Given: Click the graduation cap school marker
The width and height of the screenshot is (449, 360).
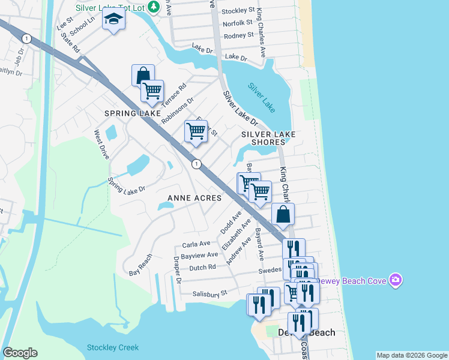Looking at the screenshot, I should pos(113,20).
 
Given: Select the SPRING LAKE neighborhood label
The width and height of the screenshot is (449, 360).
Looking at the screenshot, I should pos(133,113).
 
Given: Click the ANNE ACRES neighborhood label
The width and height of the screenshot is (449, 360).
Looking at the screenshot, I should pos(194,198).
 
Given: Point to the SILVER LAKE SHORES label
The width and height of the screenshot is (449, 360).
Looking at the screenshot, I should pos(264,138).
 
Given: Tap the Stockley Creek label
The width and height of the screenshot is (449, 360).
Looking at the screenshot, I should pos(113,347).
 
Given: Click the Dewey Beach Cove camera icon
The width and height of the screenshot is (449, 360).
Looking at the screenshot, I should pos(395,280).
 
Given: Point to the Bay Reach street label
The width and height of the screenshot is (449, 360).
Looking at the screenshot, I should pos(141,265).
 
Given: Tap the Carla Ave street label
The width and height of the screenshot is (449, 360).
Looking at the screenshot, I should pos(196,244).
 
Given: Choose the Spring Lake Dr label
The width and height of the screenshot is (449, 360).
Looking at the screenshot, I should pos(127,185).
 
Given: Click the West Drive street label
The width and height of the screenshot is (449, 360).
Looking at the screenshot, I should pos(100,145).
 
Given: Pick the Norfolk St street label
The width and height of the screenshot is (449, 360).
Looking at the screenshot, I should pos(238,23).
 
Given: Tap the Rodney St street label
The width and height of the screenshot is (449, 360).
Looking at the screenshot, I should pos(238,36).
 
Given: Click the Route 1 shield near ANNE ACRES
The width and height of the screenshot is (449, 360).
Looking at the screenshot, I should pos(196,163).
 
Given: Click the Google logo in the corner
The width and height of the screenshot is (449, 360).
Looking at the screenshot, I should pos(20,353).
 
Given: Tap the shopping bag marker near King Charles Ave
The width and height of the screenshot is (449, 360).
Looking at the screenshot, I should pos(283,214).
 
